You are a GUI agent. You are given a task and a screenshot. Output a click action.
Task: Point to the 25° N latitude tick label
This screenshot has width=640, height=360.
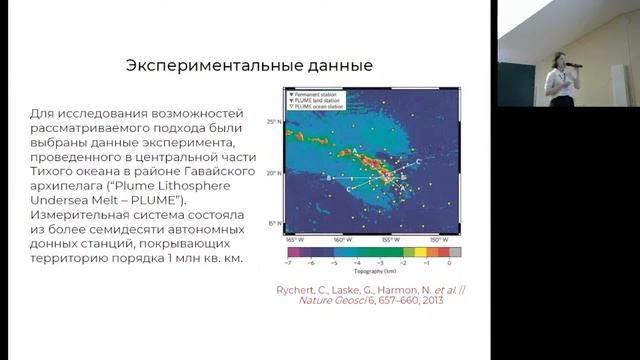(272, 122)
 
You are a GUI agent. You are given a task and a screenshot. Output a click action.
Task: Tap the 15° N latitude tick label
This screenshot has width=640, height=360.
(272, 223)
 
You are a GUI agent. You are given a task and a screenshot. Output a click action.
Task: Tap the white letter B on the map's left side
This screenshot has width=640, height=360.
(328, 176)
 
